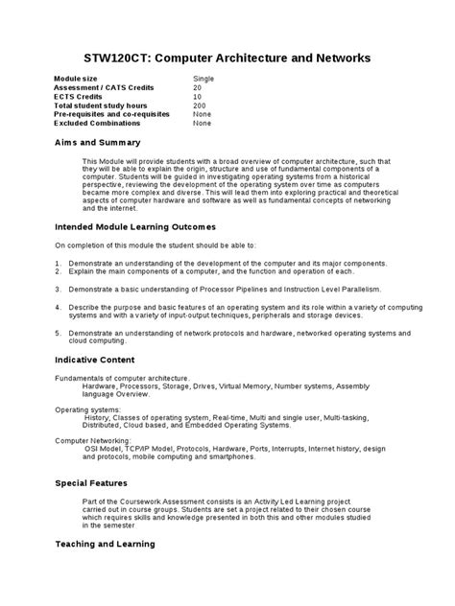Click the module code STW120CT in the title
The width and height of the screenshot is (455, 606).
pos(114,58)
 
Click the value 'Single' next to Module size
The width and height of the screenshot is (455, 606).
pos(204,79)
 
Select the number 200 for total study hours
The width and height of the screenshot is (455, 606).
pos(200,105)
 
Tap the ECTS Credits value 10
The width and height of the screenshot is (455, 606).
pos(198,96)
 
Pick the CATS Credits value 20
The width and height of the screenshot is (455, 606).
pos(198,87)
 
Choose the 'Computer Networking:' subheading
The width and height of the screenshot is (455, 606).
pos(92,442)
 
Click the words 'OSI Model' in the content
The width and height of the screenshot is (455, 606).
pos(102,450)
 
